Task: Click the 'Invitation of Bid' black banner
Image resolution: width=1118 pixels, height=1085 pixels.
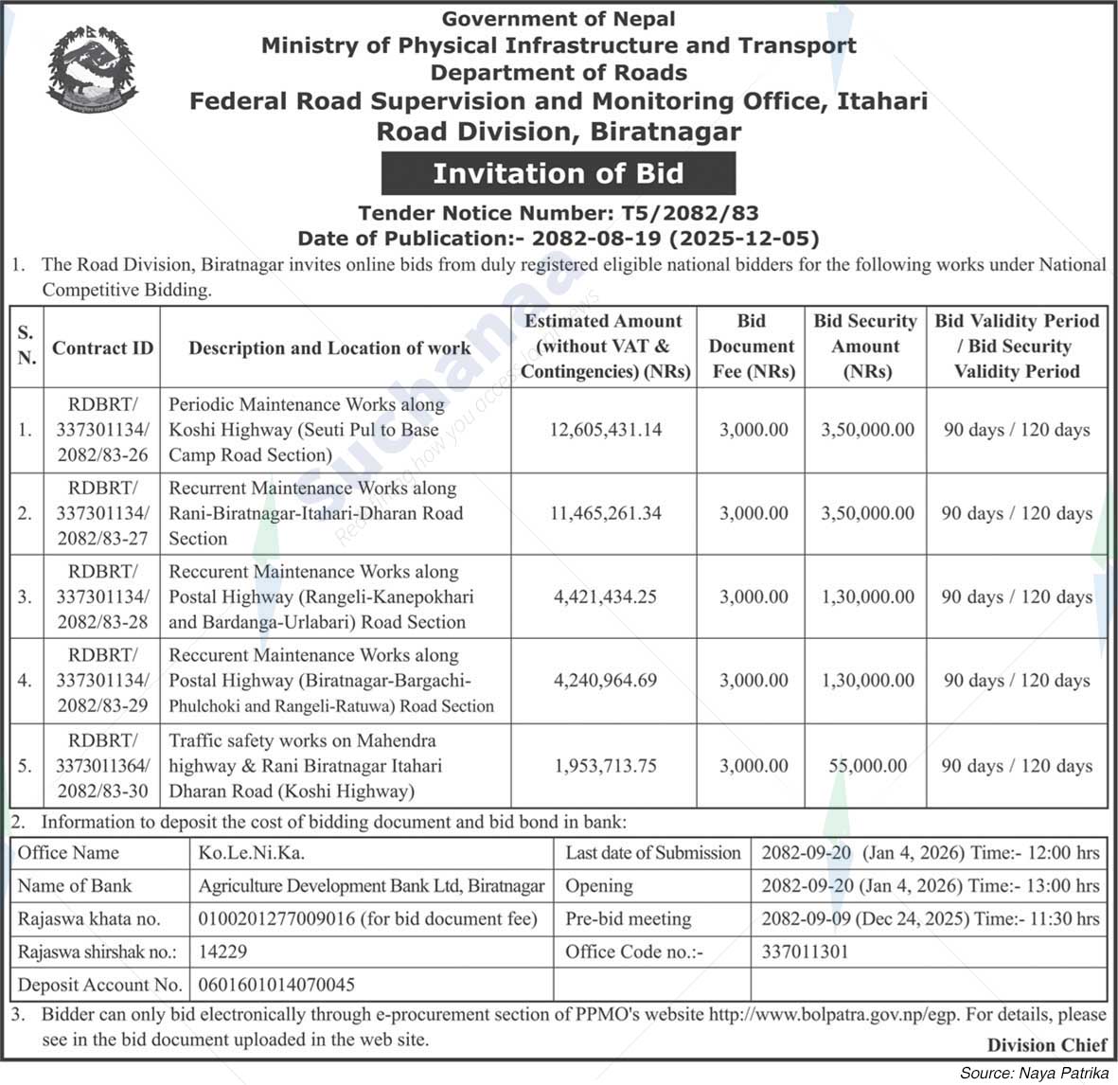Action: pos(558,173)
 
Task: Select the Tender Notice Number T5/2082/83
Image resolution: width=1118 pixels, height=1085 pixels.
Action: pos(558,214)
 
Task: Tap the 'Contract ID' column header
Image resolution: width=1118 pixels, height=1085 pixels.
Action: pos(102,347)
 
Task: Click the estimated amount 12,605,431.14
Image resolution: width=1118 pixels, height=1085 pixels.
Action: pos(606,430)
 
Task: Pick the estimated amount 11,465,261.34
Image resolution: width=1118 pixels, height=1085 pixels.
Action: pos(606,513)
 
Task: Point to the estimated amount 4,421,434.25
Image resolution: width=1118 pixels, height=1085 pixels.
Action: pos(606,596)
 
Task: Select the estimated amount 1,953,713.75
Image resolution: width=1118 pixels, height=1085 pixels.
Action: pos(606,766)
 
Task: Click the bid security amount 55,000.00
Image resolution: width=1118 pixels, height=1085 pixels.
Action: pos(867,766)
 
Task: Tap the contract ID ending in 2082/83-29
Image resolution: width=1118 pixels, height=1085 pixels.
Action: pos(102,681)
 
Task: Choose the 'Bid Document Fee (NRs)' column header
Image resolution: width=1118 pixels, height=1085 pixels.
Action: pos(752,347)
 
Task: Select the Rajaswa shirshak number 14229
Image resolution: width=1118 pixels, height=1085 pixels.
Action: pos(223,952)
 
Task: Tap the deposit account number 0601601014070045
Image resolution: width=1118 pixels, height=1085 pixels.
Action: pos(276,986)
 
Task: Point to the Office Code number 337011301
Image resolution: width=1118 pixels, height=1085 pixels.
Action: pos(805,952)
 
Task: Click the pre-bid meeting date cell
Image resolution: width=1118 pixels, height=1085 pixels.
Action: pos(930,919)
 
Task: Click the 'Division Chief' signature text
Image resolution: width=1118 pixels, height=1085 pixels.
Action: pos(1046,1045)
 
